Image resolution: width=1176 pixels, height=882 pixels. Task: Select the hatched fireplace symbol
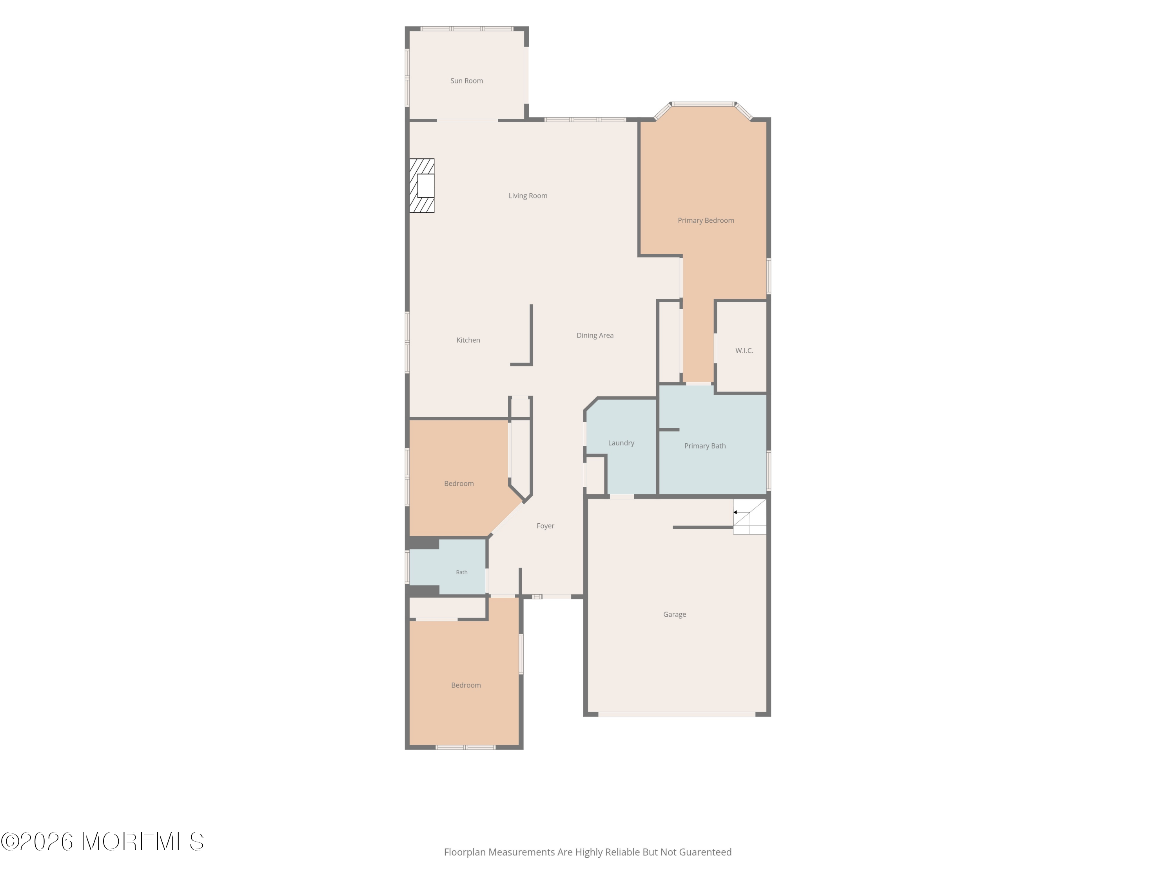[x=421, y=185]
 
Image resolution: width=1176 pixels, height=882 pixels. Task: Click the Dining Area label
[x=595, y=336]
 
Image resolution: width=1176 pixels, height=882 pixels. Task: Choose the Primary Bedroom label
[x=706, y=221]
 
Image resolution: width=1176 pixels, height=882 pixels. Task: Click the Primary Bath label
[x=704, y=446]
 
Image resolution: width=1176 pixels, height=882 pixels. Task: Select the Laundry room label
[x=621, y=443]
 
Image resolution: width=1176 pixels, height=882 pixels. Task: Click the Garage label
[x=674, y=615]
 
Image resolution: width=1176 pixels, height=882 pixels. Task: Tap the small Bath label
[x=461, y=573]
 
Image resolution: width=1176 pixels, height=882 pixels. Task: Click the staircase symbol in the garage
[x=750, y=516]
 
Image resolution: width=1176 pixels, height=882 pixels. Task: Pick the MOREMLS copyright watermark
[x=102, y=842]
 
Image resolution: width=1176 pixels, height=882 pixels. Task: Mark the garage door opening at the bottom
[x=677, y=714]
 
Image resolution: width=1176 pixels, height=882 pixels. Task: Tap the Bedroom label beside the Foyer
[x=459, y=484]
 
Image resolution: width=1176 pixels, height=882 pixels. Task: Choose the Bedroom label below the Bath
[x=466, y=685]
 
